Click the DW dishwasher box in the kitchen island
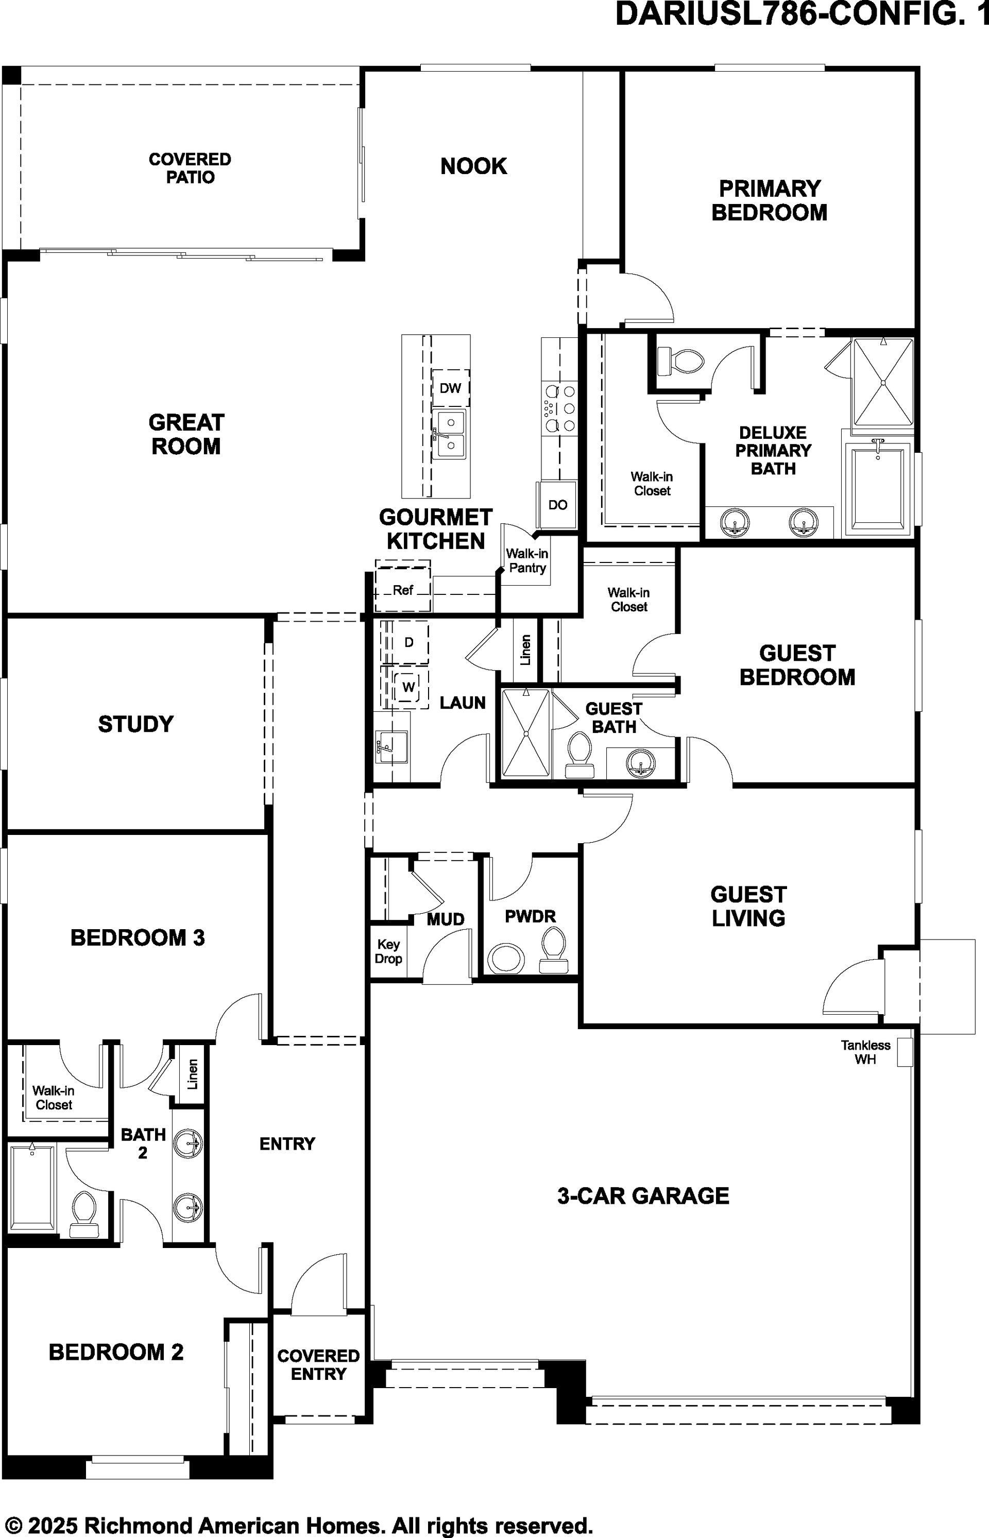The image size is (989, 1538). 450,388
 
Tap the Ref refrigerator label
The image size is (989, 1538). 403,590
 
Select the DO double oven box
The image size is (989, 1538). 557,505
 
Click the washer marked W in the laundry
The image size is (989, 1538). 408,687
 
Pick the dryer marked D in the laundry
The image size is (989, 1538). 408,642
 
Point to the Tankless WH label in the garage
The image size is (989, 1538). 865,1052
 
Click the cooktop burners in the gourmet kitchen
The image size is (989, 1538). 559,407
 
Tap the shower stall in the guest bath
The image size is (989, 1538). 525,733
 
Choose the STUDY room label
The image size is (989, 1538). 135,724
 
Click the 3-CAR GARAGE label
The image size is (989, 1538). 643,1195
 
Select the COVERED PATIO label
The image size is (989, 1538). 190,168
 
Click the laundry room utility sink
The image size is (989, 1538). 391,747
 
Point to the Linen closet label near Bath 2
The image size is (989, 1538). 192,1074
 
